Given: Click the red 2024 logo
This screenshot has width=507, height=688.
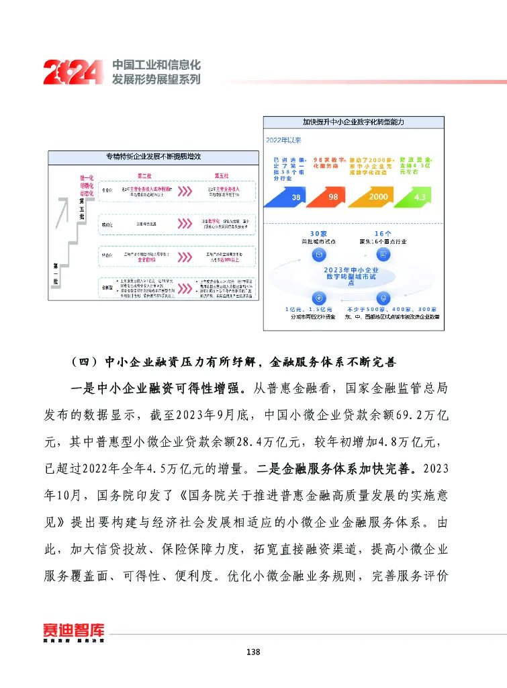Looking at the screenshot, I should [73, 72].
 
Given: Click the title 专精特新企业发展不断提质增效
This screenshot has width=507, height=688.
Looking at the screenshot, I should [153, 157].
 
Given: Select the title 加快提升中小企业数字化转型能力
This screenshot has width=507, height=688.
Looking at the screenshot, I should [353, 122].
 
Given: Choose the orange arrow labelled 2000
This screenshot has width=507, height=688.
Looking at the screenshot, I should [377, 197].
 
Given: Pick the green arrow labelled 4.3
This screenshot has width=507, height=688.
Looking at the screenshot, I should [419, 197].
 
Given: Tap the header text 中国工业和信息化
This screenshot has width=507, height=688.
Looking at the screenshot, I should [156, 65].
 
